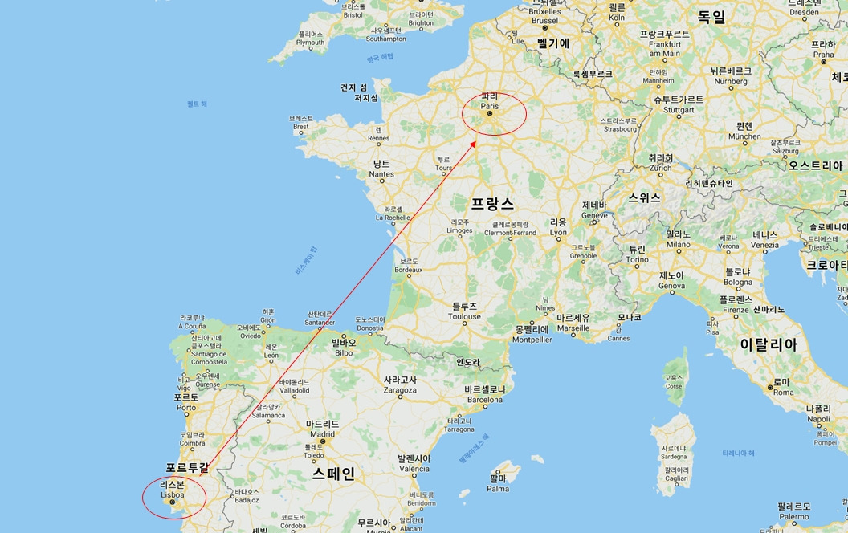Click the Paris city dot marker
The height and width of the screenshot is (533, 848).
click(x=490, y=113)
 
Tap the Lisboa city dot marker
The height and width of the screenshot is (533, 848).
click(x=172, y=503)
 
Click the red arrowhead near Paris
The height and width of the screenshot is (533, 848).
click(x=475, y=142)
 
